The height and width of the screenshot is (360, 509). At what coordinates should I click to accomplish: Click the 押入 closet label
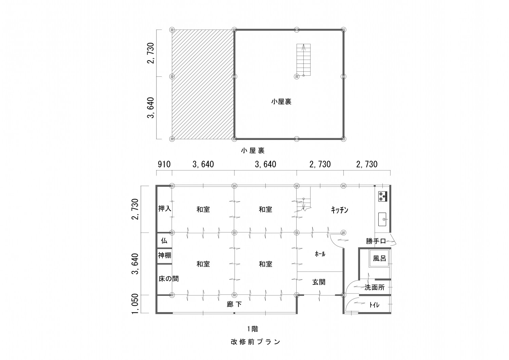(x=165, y=209)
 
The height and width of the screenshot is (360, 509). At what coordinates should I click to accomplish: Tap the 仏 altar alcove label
(x=164, y=241)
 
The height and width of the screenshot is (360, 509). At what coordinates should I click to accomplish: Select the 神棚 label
(x=165, y=255)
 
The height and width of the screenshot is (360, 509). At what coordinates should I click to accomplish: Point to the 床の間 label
(x=169, y=279)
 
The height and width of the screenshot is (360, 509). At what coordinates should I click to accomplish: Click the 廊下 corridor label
(x=234, y=305)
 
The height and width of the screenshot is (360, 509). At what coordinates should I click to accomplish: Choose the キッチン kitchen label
(x=340, y=210)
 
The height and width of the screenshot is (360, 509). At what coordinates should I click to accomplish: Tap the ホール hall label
(x=320, y=254)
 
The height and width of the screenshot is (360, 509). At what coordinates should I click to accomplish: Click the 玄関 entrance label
(x=319, y=282)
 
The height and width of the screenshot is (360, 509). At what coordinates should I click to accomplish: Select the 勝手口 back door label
(x=376, y=241)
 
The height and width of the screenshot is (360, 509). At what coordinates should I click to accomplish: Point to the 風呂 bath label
(x=379, y=258)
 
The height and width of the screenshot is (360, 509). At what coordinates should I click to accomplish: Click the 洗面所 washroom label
(x=375, y=287)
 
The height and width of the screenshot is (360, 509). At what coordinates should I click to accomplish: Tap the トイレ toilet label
(x=374, y=305)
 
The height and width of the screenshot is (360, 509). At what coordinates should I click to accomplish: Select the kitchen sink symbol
(x=383, y=219)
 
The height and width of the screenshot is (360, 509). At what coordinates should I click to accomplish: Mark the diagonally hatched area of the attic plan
(x=203, y=84)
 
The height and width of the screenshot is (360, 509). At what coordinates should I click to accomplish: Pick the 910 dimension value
(x=164, y=164)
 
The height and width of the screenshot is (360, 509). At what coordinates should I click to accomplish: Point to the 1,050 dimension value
(x=135, y=304)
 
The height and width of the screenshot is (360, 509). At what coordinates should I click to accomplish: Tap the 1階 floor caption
(x=252, y=329)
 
